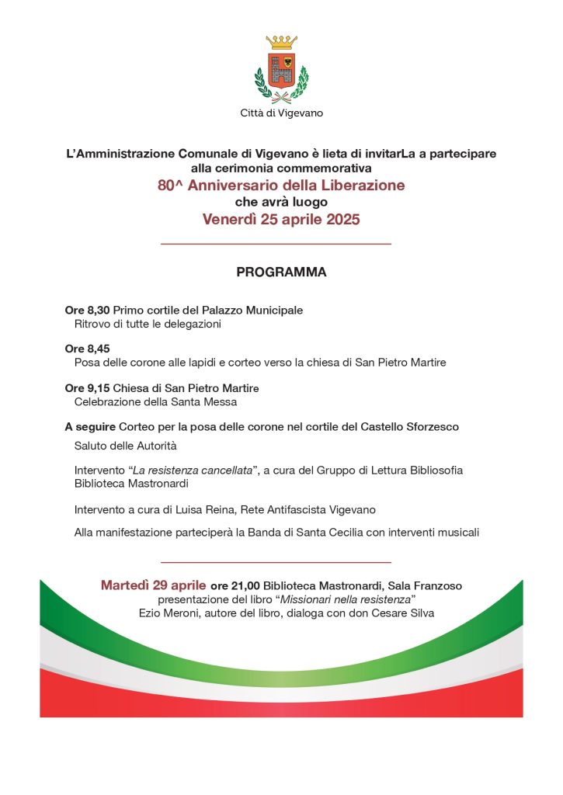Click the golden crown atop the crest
281,43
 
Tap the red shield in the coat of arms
281,70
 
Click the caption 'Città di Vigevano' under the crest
281,113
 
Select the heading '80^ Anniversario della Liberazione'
281,186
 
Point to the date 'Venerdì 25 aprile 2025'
281,220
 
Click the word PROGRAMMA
281,273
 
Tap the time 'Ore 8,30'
87,310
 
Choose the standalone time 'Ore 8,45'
87,349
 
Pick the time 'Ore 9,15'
87,387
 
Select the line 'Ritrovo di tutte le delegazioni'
148,324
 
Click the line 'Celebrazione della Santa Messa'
155,401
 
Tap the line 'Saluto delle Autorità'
126,446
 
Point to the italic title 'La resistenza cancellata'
193,470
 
